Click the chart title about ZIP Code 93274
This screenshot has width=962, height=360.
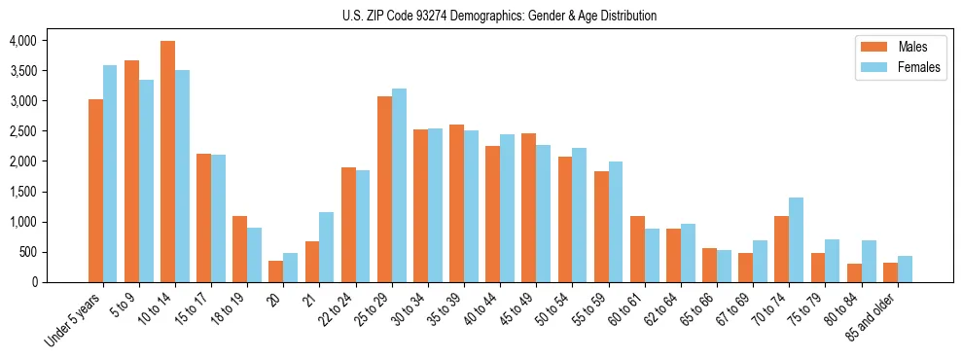point(499,16)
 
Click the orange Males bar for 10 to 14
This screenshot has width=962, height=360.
point(167,162)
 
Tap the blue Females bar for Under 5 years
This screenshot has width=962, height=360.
point(110,173)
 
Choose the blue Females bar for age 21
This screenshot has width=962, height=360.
point(327,247)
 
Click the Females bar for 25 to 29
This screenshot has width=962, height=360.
point(399,185)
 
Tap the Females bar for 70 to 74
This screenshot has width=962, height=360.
point(796,239)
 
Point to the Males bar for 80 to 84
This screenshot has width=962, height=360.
point(854,272)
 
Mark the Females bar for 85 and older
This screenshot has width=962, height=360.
point(905,269)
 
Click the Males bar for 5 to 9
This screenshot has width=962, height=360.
point(131,171)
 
